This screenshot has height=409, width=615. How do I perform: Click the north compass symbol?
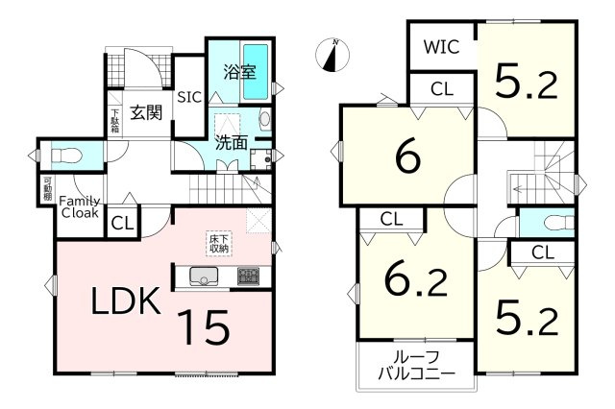332,55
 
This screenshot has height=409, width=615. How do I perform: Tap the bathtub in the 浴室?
256,72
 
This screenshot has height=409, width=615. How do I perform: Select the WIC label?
441,47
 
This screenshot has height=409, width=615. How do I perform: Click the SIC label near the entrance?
189,97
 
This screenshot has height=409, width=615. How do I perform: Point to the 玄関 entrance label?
146,113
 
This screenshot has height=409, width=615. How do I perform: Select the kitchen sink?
204,277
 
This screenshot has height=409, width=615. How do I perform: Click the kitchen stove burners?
248,277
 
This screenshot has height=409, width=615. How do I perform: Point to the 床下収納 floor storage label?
219,243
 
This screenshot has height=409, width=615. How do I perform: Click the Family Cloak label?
80,207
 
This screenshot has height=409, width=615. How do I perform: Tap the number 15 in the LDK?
203,327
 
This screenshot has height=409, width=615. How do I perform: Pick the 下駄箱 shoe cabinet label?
114,120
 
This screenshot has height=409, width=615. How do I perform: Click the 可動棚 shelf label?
47,189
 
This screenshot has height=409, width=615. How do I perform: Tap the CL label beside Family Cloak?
122,224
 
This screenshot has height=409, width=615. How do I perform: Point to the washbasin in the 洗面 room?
265,119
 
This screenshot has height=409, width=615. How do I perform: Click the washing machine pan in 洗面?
260,159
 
